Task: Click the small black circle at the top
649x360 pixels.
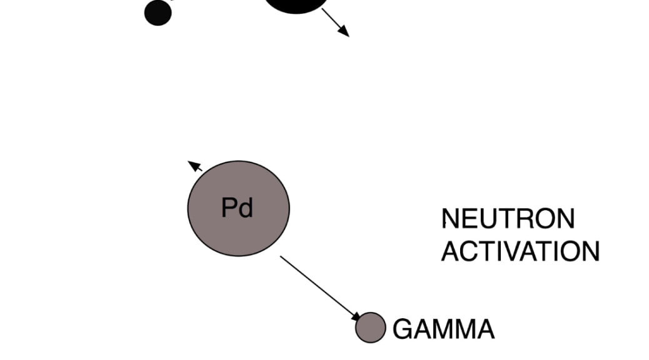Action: tap(158, 12)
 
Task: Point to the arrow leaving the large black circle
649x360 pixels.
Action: tap(335, 22)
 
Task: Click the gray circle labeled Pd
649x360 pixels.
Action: tap(238, 208)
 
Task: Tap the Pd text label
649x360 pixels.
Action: tap(238, 207)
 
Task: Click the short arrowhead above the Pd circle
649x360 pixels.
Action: tap(194, 166)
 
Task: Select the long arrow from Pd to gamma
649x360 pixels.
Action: tap(320, 287)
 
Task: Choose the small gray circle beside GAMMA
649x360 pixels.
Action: tap(370, 327)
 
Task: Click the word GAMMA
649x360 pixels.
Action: tap(443, 329)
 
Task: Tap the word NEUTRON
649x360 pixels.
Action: tap(508, 219)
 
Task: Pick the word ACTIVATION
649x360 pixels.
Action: tap(520, 251)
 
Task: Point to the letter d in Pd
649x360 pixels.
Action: tap(246, 207)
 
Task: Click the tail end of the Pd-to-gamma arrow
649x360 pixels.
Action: tap(281, 257)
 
